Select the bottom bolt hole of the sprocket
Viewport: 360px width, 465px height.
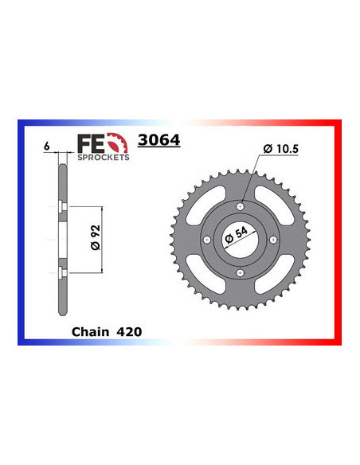pyautogui.click(x=241, y=275)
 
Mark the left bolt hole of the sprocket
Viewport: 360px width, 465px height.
pyautogui.click(x=207, y=241)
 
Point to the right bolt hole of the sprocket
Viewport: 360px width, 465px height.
pyautogui.click(x=274, y=241)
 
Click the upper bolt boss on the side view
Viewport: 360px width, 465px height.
pyautogui.click(x=62, y=209)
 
